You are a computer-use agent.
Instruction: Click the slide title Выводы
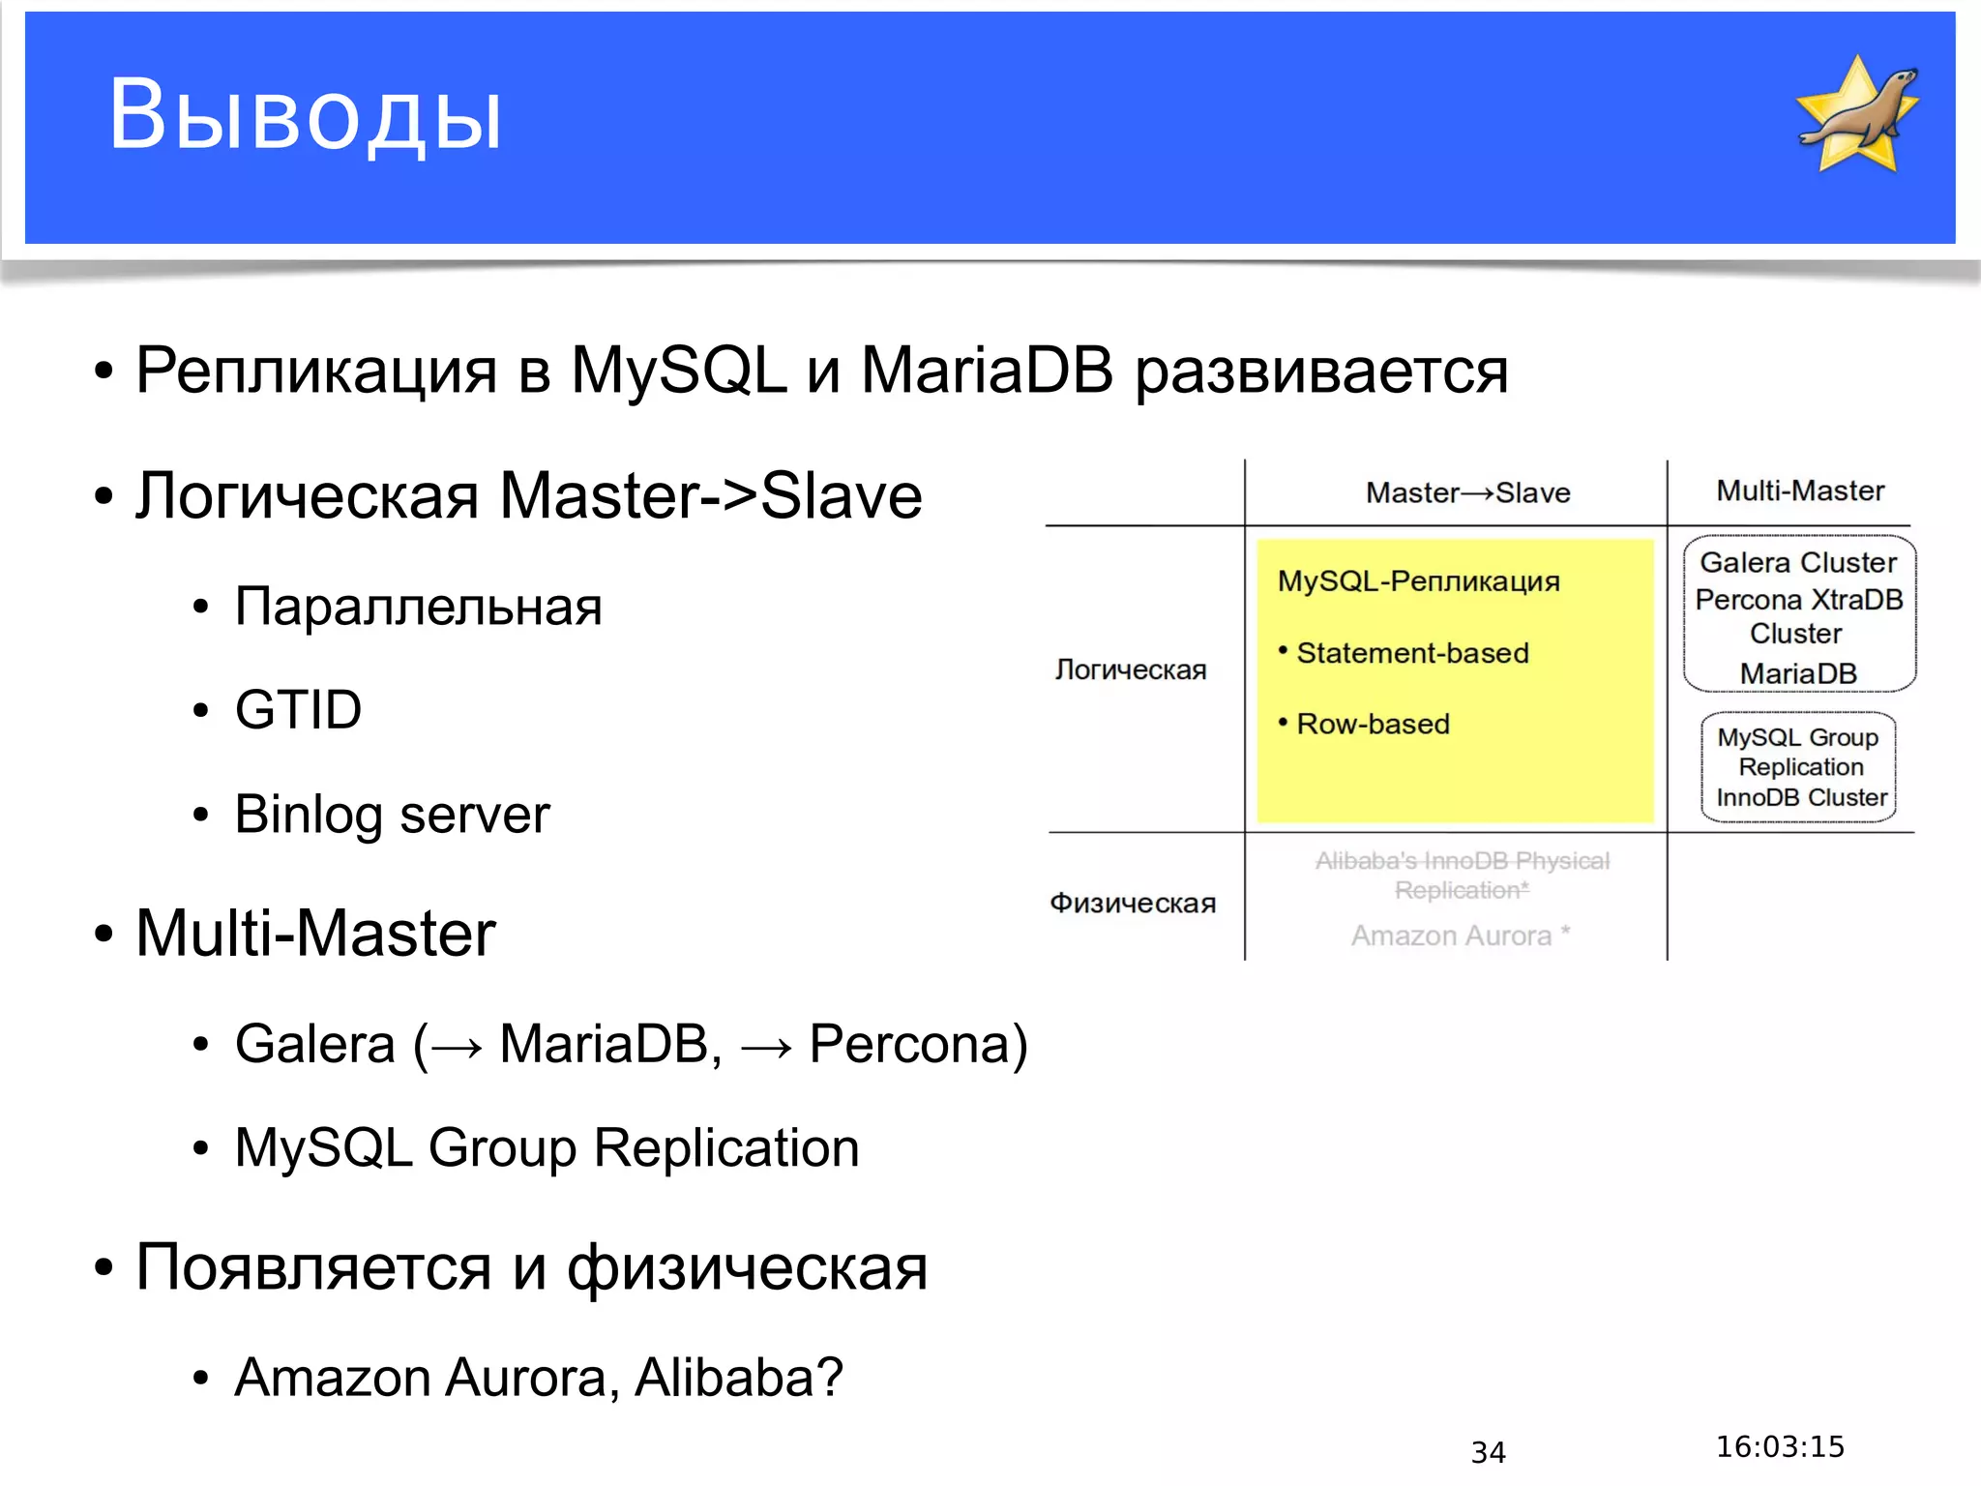(x=305, y=116)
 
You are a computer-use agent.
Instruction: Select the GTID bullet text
(x=298, y=709)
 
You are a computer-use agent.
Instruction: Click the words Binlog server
(x=392, y=814)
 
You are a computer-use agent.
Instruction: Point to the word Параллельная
(x=418, y=607)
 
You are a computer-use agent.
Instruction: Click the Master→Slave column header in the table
(x=1467, y=492)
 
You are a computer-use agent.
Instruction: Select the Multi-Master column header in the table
(x=1800, y=490)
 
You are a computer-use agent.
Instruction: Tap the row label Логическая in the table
(x=1131, y=669)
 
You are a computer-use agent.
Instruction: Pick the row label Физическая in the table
(x=1133, y=903)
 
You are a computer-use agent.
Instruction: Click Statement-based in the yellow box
(x=1412, y=653)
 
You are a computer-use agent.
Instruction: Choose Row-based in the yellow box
(x=1373, y=724)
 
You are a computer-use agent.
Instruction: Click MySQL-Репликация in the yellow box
(x=1418, y=580)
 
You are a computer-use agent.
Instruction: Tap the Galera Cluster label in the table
(x=1798, y=562)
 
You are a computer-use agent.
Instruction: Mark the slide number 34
(x=1488, y=1452)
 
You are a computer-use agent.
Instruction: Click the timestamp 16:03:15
(x=1780, y=1446)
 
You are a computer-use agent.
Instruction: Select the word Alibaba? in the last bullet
(x=739, y=1377)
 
